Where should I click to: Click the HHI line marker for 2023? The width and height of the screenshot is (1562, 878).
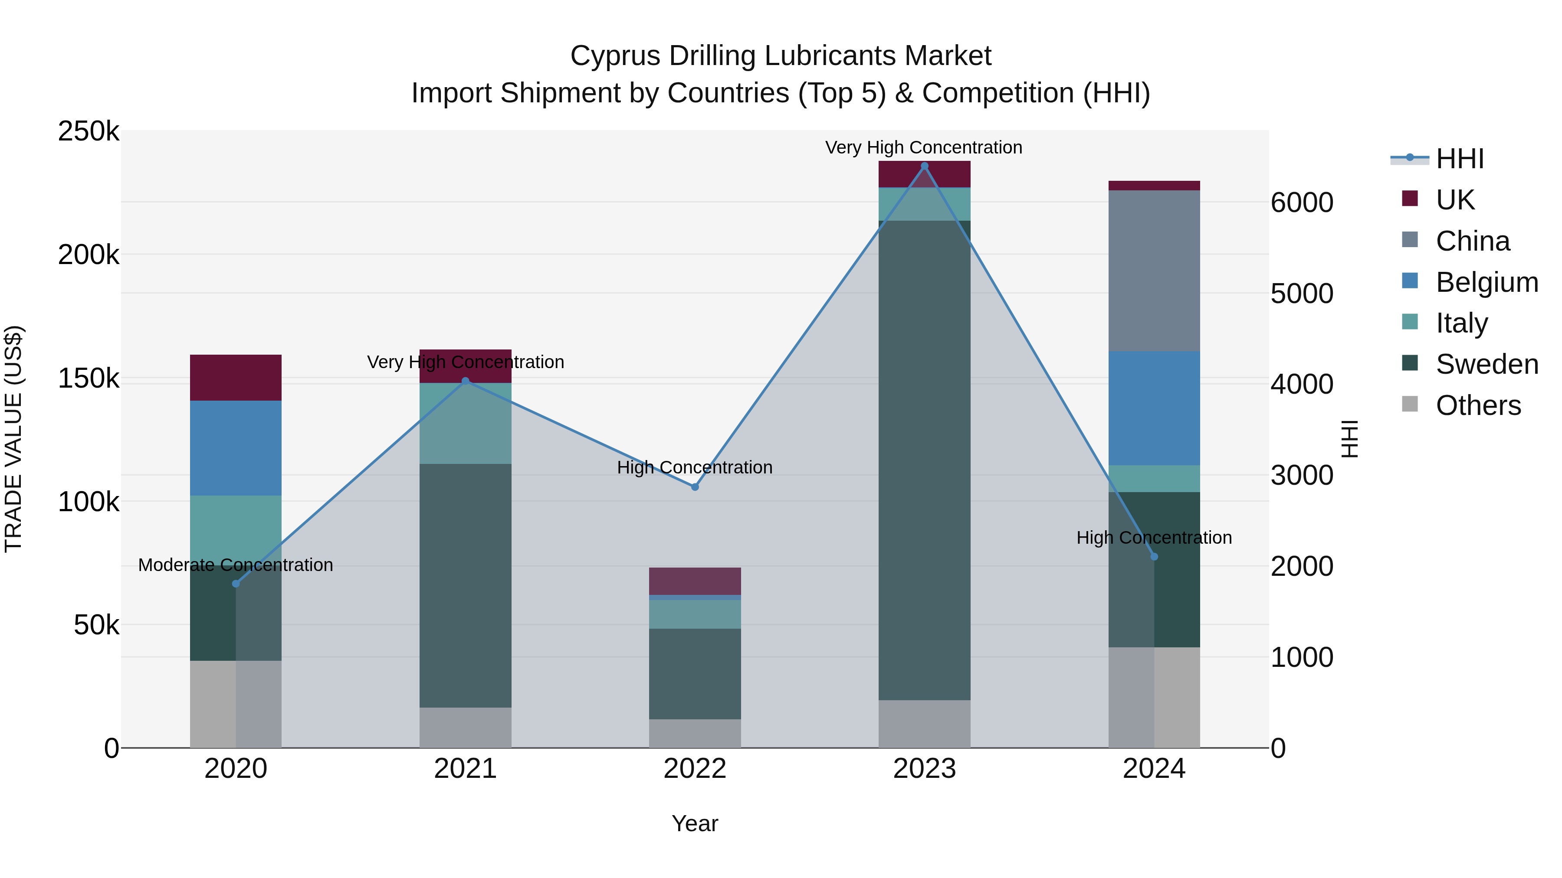tap(924, 166)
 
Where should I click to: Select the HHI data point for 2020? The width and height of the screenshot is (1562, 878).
tap(236, 584)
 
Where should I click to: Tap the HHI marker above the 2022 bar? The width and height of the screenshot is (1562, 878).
tap(695, 487)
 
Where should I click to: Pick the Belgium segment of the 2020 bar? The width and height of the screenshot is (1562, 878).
tap(236, 448)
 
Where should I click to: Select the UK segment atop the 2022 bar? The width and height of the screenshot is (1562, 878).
tap(695, 581)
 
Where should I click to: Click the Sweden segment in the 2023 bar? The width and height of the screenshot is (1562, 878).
tap(924, 460)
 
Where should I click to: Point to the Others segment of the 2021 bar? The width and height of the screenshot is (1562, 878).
tap(465, 727)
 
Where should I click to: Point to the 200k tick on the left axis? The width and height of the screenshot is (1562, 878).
tap(89, 255)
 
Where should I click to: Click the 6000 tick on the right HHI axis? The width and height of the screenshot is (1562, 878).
tap(1302, 202)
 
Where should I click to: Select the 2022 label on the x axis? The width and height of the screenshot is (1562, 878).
tap(695, 769)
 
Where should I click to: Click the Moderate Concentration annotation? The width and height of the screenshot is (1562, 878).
tap(236, 565)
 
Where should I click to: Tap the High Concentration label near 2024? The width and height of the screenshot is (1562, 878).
tap(1154, 538)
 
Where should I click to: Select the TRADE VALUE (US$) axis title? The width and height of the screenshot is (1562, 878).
tap(13, 439)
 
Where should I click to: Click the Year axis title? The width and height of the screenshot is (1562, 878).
tap(695, 823)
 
